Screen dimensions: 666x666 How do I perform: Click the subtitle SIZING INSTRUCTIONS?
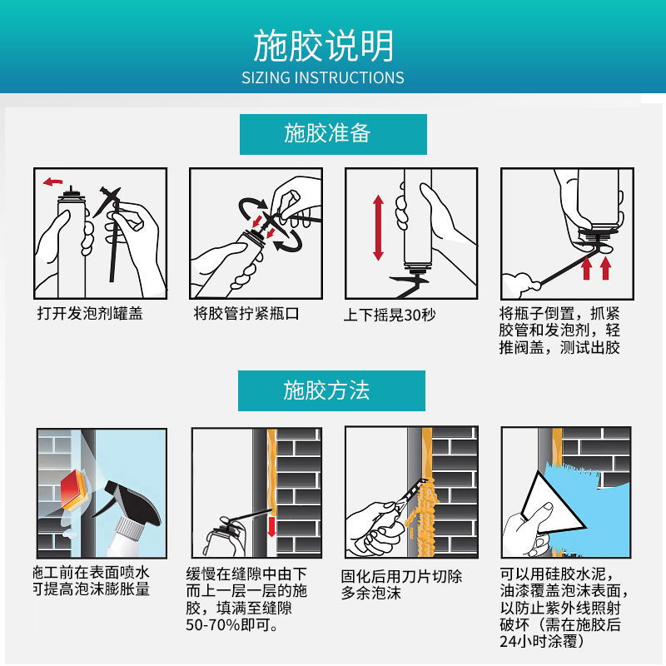pyautogui.click(x=323, y=78)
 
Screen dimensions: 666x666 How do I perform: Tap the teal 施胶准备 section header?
pyautogui.click(x=332, y=134)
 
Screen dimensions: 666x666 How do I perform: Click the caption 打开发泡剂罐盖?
pyautogui.click(x=90, y=314)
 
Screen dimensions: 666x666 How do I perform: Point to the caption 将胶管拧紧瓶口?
pyautogui.click(x=246, y=314)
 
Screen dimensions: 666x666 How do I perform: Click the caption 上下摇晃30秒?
pyautogui.click(x=390, y=315)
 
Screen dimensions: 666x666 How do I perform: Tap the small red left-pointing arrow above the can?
pyautogui.click(x=54, y=181)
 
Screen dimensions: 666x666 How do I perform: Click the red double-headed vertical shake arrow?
pyautogui.click(x=378, y=227)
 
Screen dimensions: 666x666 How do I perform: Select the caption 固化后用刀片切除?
pyautogui.click(x=401, y=576)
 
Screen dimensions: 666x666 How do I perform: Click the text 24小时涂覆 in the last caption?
pyautogui.click(x=541, y=642)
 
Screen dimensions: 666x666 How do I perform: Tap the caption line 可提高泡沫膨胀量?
pyautogui.click(x=92, y=589)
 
